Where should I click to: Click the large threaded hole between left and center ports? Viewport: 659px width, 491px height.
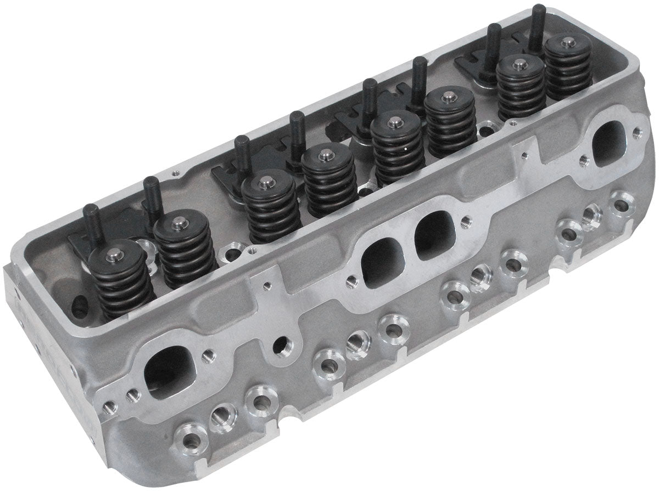284,346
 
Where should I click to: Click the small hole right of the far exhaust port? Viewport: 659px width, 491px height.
636,132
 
